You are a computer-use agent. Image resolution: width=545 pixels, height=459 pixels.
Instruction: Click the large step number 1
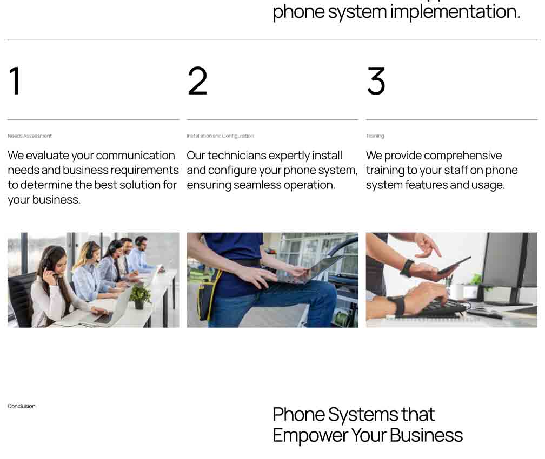point(15,80)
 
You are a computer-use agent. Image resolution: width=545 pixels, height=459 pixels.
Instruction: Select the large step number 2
point(197,80)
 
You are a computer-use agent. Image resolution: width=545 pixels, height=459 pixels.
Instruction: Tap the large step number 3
point(376,80)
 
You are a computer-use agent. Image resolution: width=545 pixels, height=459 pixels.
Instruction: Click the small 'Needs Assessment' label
point(30,136)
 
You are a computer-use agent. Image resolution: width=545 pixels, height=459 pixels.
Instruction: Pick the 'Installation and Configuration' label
point(220,136)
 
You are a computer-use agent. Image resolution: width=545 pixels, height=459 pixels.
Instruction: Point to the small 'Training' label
point(375,136)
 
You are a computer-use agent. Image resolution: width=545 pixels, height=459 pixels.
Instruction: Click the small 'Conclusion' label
point(22,406)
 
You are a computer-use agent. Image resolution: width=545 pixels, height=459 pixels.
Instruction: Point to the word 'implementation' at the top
point(455,12)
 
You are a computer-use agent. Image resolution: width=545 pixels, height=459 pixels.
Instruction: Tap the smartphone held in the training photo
point(454,265)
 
